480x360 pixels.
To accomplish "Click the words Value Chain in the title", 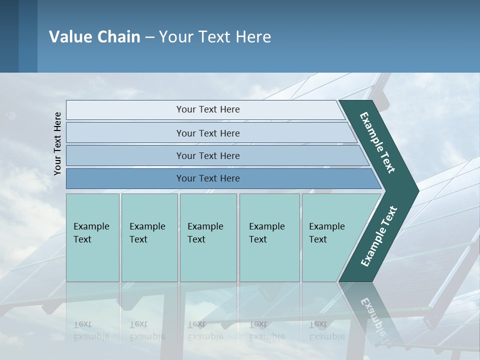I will [94, 37].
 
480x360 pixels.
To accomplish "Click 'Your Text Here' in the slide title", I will [215, 37].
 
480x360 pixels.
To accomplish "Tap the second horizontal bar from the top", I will [207, 133].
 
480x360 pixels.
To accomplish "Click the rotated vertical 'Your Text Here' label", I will [58, 143].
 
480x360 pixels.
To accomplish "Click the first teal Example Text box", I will [92, 237].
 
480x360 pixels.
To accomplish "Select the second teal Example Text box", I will [149, 237].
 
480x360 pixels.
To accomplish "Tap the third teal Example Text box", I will [208, 237].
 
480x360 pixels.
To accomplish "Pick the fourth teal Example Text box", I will [269, 237].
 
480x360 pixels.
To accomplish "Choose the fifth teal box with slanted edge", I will [330, 237].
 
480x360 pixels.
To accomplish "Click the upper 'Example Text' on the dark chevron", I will [377, 142].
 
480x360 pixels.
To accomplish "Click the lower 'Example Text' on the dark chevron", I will [379, 236].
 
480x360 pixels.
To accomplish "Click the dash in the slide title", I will [149, 37].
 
